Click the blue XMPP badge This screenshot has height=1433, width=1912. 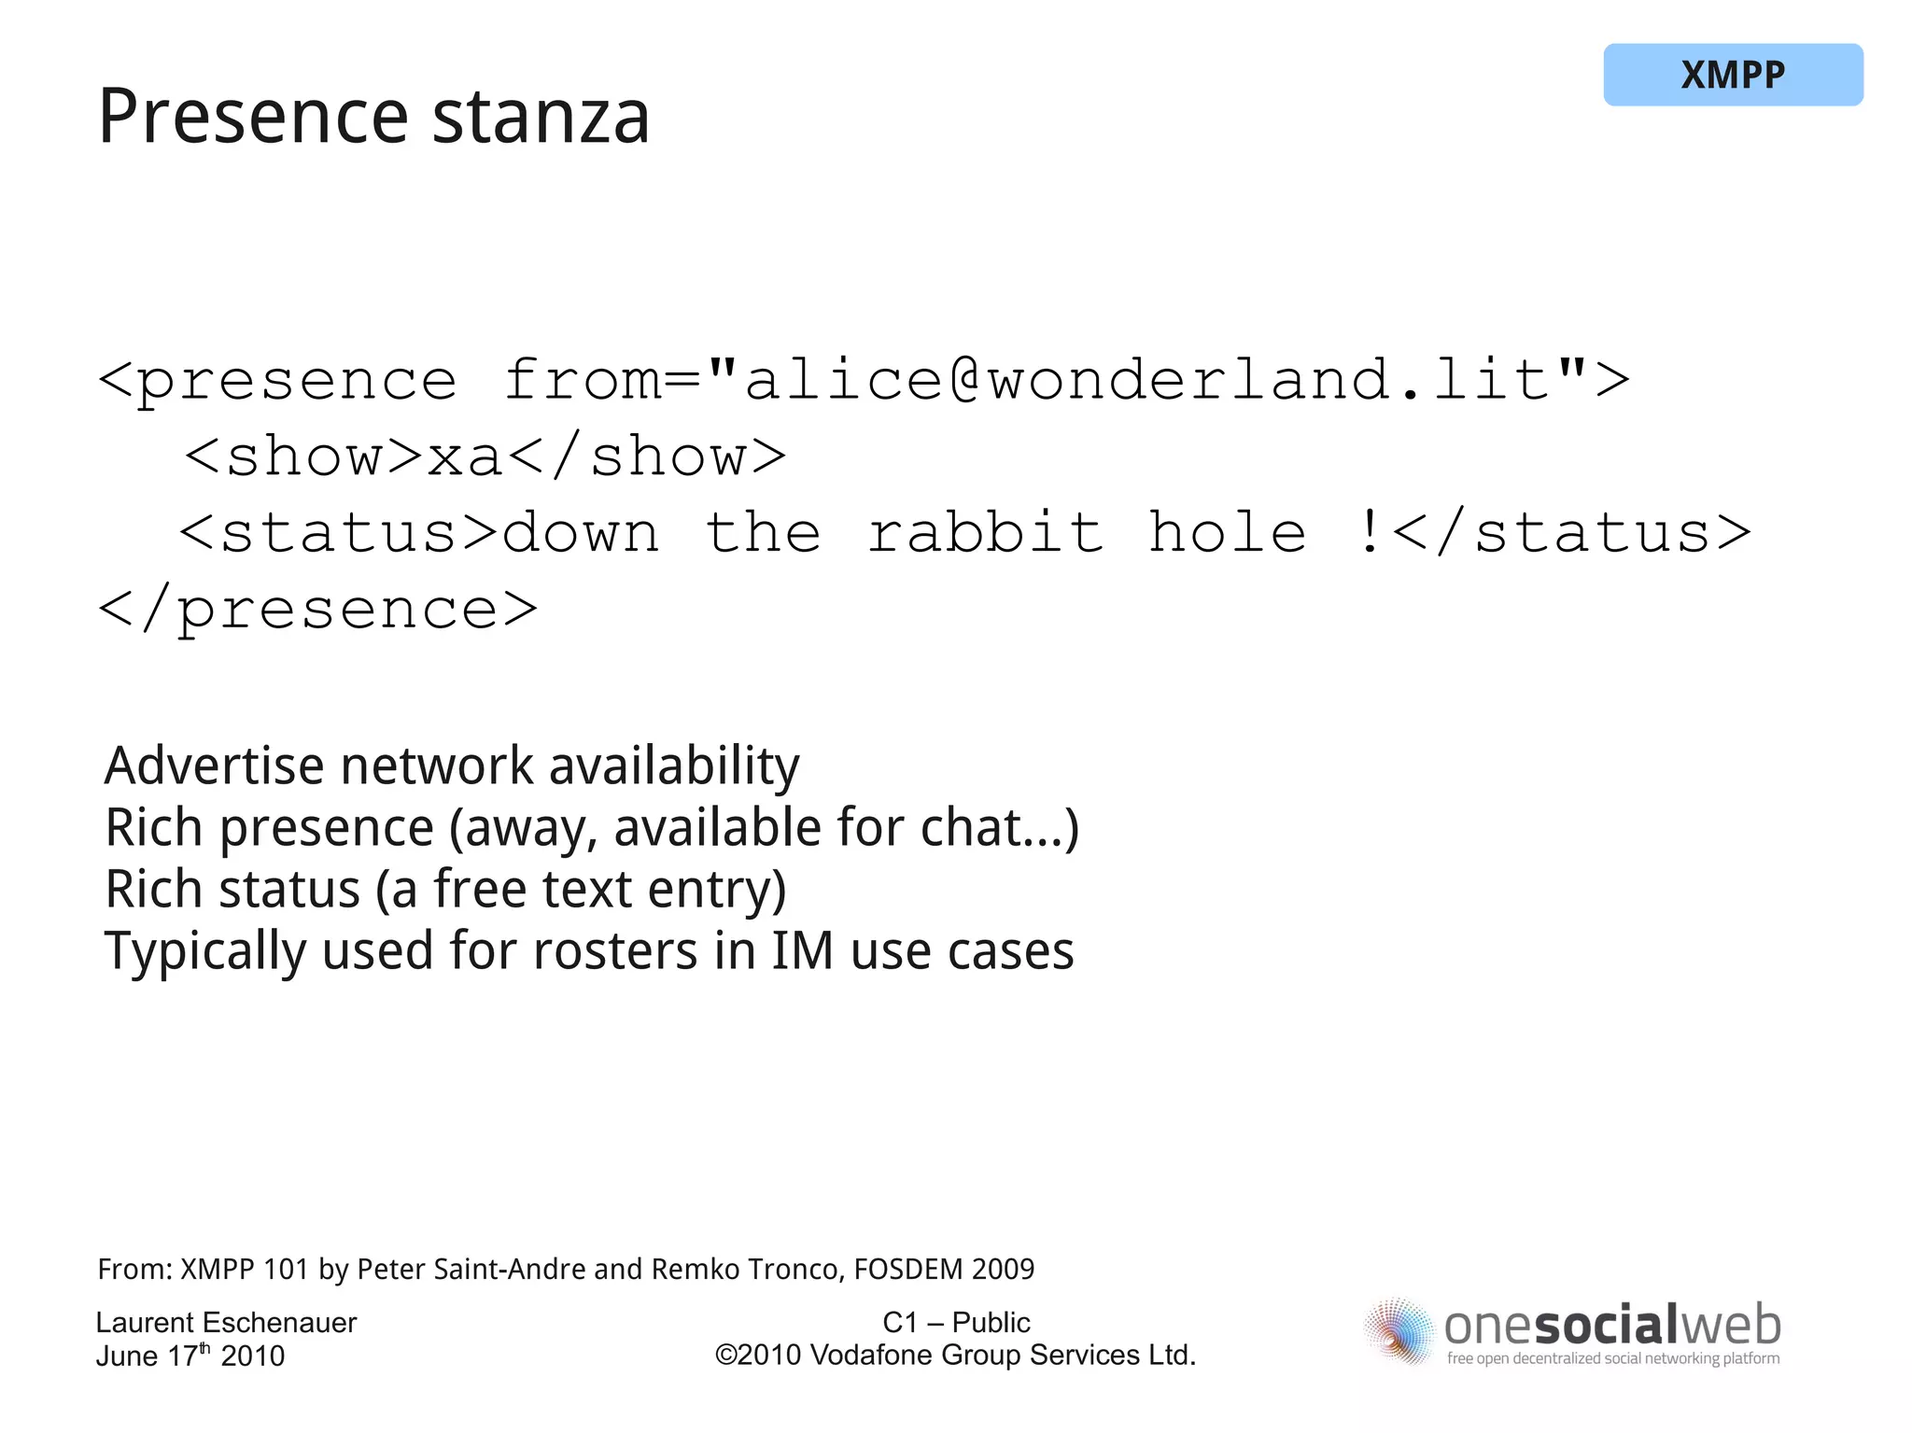pyautogui.click(x=1733, y=75)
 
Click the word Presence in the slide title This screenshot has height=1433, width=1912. pyautogui.click(x=253, y=118)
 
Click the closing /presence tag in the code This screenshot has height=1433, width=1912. pyautogui.click(x=318, y=611)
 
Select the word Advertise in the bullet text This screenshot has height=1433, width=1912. pyautogui.click(x=214, y=766)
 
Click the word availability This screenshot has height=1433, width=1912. pyautogui.click(x=673, y=766)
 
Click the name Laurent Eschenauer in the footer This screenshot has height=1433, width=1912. pyautogui.click(x=226, y=1323)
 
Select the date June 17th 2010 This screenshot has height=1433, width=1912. pyautogui.click(x=190, y=1356)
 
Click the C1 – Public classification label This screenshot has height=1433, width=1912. pyautogui.click(x=956, y=1323)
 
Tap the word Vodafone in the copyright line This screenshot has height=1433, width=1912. pyautogui.click(x=869, y=1356)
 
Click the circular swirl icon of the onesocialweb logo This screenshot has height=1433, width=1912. pyautogui.click(x=1398, y=1331)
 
